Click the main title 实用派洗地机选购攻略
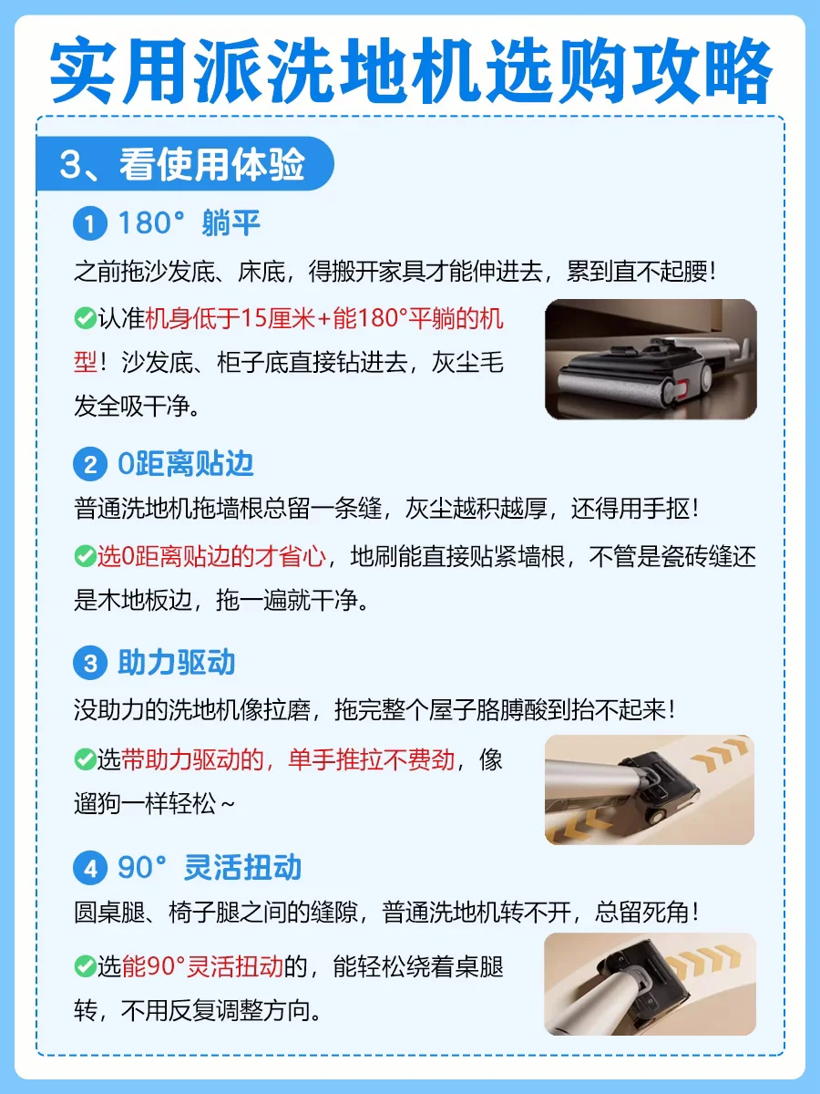[x=411, y=71]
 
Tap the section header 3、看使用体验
[x=182, y=164]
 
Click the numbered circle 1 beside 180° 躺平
[x=90, y=223]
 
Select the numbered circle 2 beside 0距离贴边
[x=90, y=465]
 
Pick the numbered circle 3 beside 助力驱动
[x=90, y=663]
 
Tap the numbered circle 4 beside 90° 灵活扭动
[x=90, y=868]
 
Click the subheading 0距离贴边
[x=186, y=464]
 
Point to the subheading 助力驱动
[x=176, y=663]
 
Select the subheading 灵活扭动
[x=243, y=868]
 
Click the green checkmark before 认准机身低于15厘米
[x=85, y=318]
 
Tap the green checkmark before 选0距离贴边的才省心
[x=85, y=556]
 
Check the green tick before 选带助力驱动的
[x=85, y=760]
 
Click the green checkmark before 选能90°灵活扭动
[x=85, y=967]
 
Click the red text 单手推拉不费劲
[x=372, y=760]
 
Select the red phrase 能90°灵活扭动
[x=202, y=967]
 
